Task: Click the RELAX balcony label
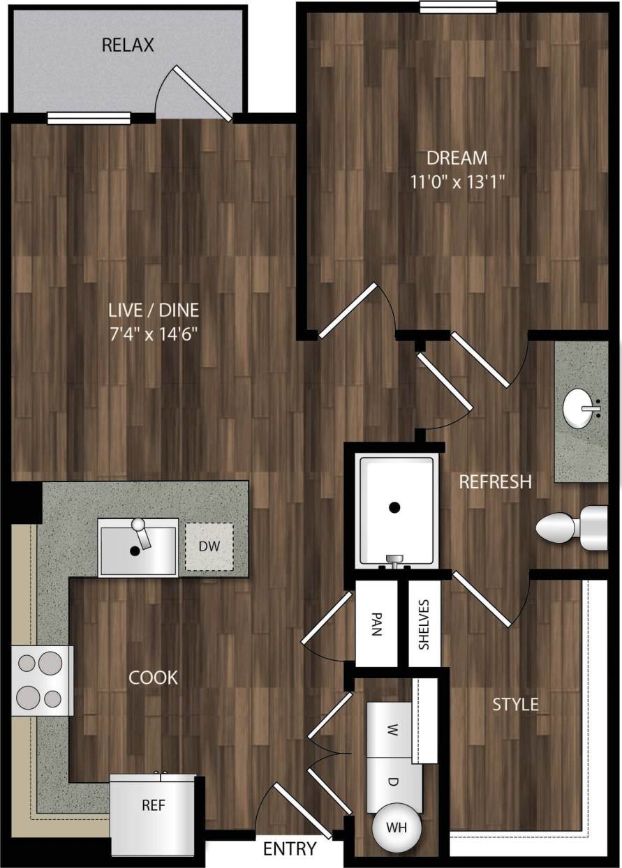coord(128,46)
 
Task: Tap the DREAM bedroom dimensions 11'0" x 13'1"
coord(459,182)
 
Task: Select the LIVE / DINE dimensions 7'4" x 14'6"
coord(154,334)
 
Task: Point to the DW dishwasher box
coord(209,547)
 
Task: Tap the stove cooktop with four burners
coord(43,680)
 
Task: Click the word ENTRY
coord(290,849)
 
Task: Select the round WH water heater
coord(397,828)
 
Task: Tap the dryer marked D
coord(393,782)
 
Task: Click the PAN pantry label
coord(376,622)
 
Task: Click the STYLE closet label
coord(515,704)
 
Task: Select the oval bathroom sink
coord(582,407)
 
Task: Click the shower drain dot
coord(395,507)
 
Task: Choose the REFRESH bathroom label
coord(495,481)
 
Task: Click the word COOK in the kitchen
coord(154,678)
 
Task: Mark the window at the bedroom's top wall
coord(458,7)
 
